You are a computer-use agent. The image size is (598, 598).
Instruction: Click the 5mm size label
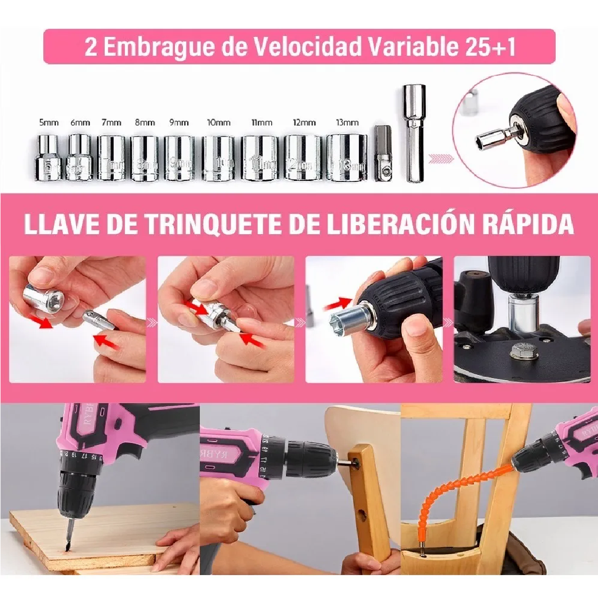49,123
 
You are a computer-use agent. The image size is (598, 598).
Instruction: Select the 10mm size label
218,123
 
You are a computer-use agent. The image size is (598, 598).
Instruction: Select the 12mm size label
304,123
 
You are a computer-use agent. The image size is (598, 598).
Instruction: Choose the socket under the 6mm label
80,156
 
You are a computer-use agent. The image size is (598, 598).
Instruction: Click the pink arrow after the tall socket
442,159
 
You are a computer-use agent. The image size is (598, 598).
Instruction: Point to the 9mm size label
179,123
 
